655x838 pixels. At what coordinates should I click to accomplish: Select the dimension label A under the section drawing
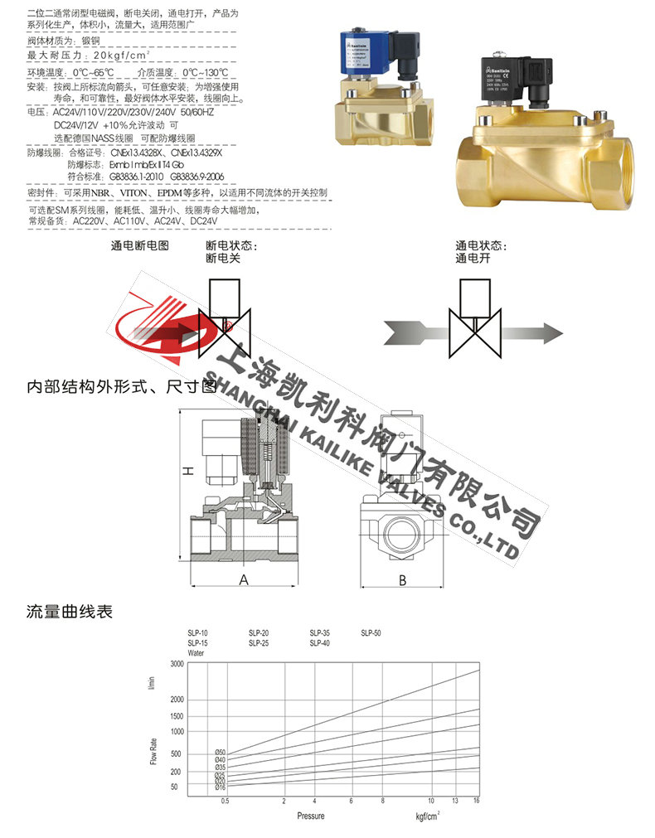coord(244,579)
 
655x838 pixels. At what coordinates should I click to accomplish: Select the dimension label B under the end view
coord(402,579)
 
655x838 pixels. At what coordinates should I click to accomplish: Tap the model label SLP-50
coord(371,634)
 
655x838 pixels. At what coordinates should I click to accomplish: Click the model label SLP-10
coord(197,634)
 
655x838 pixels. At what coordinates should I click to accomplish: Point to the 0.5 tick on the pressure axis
coord(224,802)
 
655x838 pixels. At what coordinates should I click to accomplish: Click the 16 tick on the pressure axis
coord(477,802)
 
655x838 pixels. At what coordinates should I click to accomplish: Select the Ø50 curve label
coord(220,752)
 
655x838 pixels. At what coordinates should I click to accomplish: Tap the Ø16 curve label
coord(220,787)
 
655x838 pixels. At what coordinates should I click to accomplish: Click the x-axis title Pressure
coord(311,816)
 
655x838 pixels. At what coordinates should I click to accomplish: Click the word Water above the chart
coord(196,653)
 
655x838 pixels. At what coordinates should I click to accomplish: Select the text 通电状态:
coord(480,246)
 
